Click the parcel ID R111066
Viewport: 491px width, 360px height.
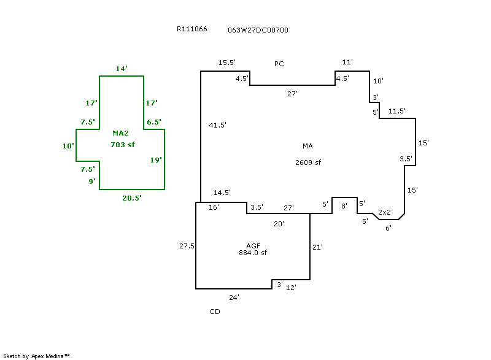pyautogui.click(x=191, y=29)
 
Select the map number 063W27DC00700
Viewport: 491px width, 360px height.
pyautogui.click(x=258, y=29)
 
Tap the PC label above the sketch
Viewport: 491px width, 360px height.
pyautogui.click(x=279, y=64)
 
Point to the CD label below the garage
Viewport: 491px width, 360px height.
pyautogui.click(x=215, y=312)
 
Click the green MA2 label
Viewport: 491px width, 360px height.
pyautogui.click(x=120, y=133)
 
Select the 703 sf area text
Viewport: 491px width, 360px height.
pyautogui.click(x=122, y=145)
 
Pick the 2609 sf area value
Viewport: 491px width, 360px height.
pyautogui.click(x=308, y=163)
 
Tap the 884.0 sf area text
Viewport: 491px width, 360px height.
pyautogui.click(x=253, y=253)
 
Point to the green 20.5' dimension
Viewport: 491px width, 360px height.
pyautogui.click(x=132, y=198)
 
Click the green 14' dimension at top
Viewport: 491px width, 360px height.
pyautogui.click(x=122, y=69)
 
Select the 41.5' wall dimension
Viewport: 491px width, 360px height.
pyautogui.click(x=218, y=125)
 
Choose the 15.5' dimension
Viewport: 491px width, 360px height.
pyautogui.click(x=227, y=63)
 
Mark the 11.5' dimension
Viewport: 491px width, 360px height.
pyautogui.click(x=397, y=111)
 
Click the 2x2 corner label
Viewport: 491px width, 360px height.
pyautogui.click(x=385, y=212)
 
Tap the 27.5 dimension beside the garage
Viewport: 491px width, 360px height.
pyautogui.click(x=187, y=246)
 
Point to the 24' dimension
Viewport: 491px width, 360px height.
pyautogui.click(x=234, y=297)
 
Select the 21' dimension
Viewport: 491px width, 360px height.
pyautogui.click(x=318, y=247)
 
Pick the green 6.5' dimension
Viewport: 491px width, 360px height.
pyautogui.click(x=153, y=122)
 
